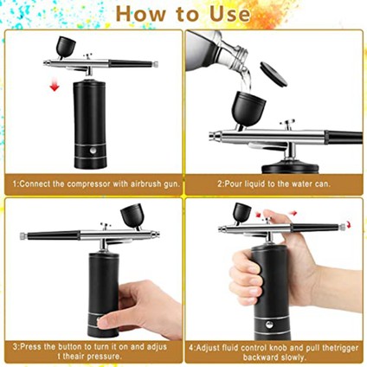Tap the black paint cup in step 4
click(241, 212)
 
